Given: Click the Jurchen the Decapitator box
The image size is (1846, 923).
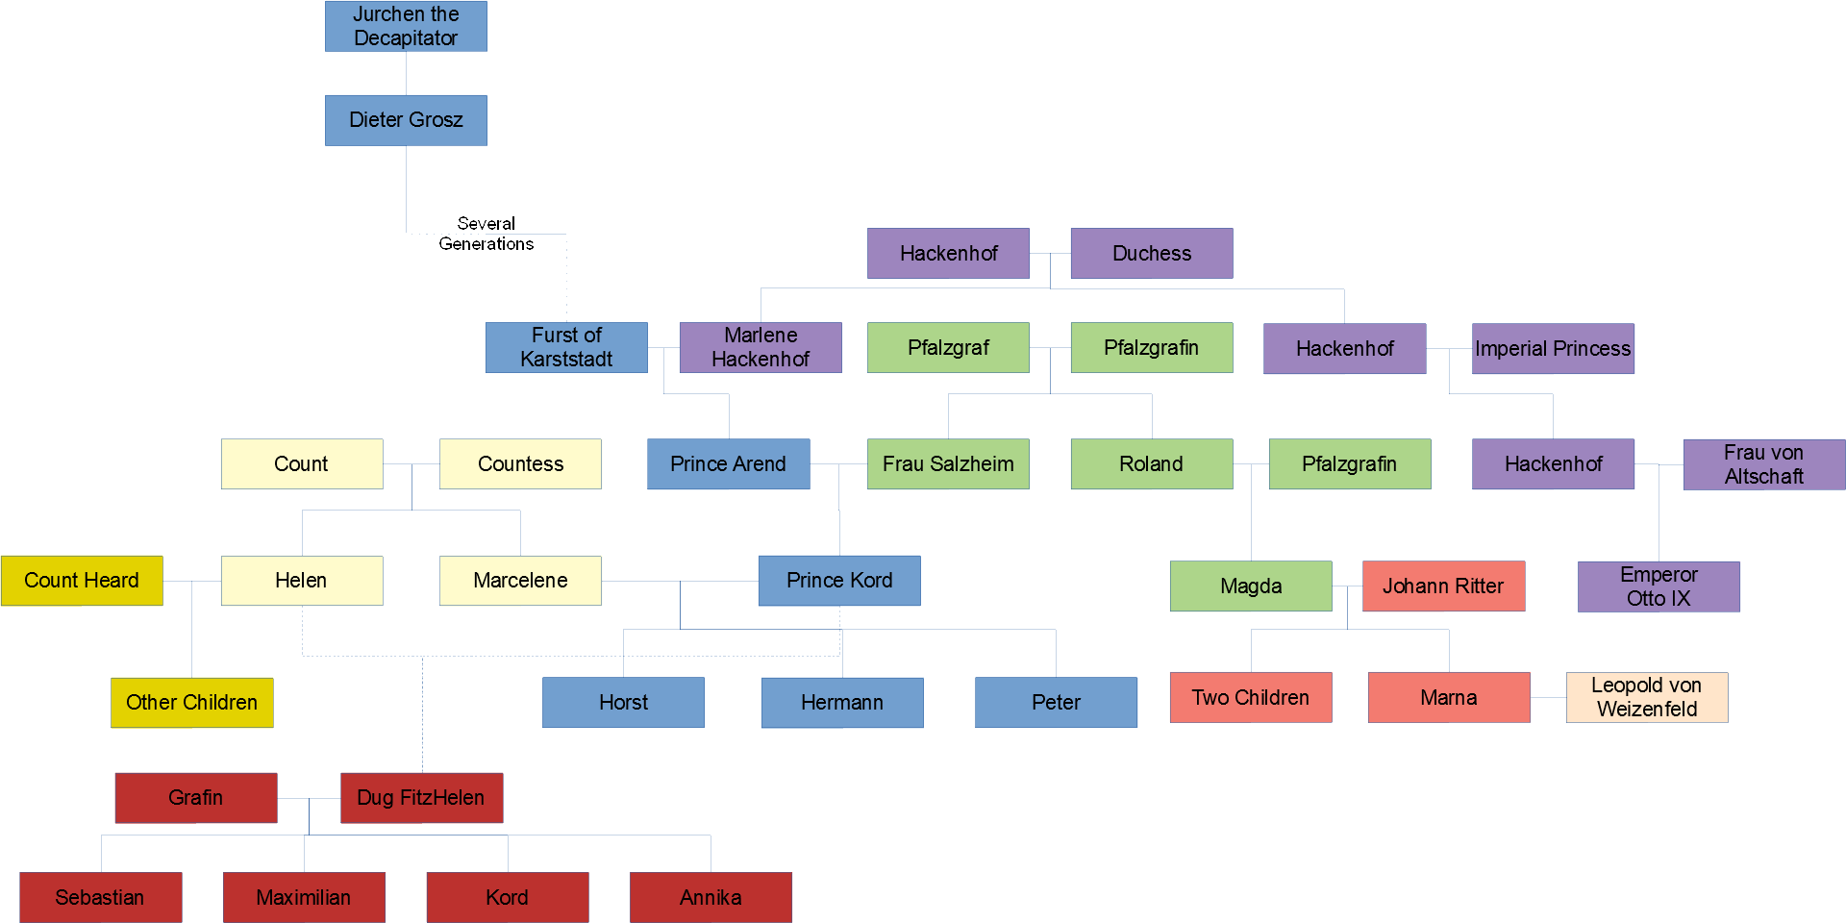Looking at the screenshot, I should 406,26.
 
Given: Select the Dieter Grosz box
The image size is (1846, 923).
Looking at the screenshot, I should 406,120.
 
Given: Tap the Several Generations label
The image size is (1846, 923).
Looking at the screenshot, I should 486,234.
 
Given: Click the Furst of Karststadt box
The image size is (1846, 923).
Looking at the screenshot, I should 566,347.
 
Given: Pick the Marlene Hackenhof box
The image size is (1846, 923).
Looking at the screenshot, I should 761,347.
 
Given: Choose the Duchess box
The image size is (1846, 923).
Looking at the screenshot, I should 1152,253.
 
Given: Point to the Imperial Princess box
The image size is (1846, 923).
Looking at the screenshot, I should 1553,348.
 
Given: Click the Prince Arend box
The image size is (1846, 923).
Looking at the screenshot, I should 728,463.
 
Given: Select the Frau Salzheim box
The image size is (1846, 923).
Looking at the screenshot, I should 948,463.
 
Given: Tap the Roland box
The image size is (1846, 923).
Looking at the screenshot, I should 1152,463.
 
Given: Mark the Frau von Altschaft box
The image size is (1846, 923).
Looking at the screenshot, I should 1763,464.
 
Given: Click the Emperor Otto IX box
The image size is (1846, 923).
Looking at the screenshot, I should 1659,586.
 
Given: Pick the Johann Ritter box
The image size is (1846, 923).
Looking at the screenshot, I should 1443,586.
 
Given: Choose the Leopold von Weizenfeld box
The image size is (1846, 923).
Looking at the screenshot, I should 1647,697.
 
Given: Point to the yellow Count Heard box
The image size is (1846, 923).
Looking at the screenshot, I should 82,581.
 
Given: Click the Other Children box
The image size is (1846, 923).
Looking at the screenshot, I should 191,702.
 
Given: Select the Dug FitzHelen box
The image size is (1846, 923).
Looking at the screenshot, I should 421,798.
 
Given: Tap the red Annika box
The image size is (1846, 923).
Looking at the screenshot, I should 711,897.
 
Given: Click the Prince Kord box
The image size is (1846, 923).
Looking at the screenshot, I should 839,581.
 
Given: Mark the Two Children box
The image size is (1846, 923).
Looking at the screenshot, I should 1251,697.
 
